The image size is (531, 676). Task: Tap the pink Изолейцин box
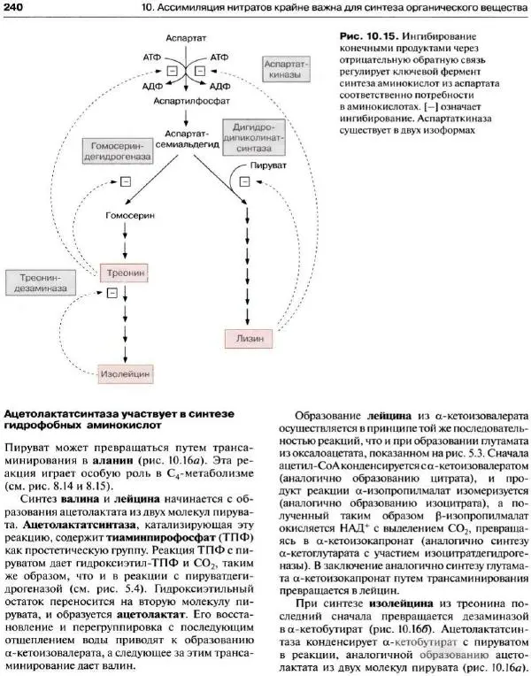123,373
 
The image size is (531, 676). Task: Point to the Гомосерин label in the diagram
124,215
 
